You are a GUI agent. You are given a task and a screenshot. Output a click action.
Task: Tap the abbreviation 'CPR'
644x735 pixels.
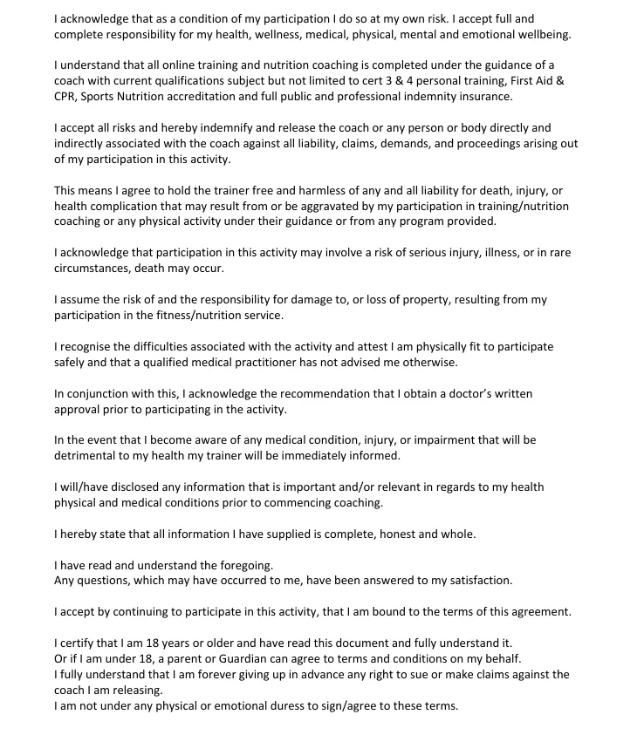(65, 96)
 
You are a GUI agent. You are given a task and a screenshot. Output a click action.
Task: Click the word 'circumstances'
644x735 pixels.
(92, 269)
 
